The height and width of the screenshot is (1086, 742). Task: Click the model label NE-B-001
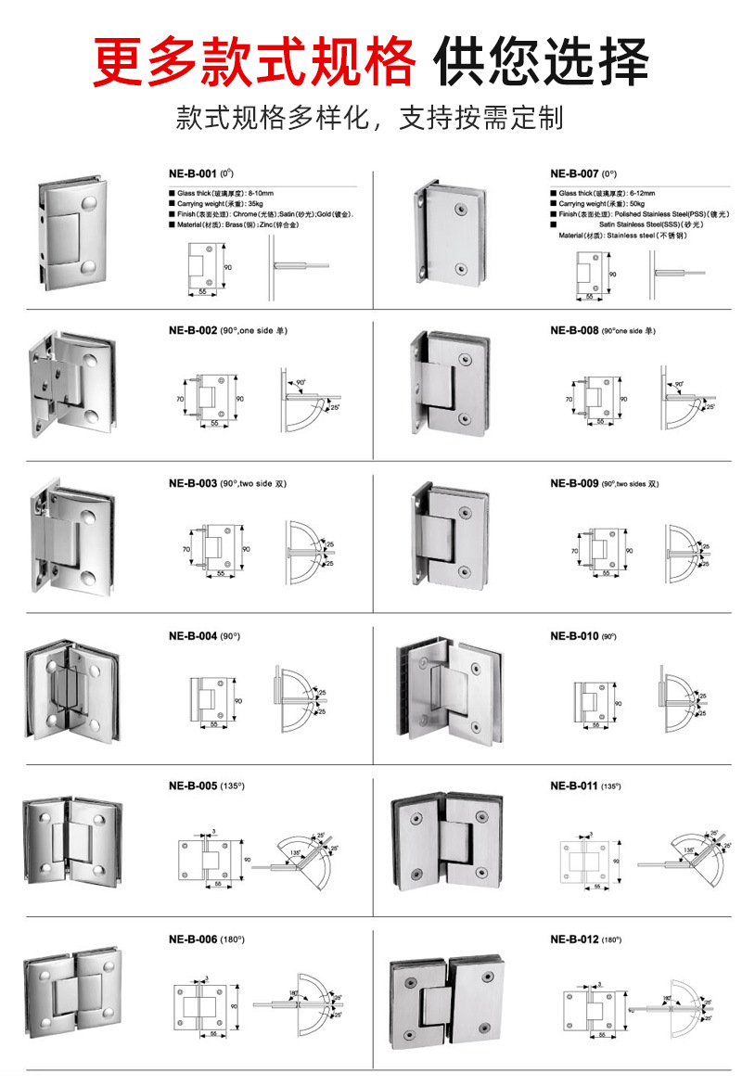point(189,173)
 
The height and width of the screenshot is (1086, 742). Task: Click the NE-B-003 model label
point(193,483)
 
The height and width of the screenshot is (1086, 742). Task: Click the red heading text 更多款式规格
point(254,61)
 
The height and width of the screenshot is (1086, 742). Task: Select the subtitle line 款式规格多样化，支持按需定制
point(370,119)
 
